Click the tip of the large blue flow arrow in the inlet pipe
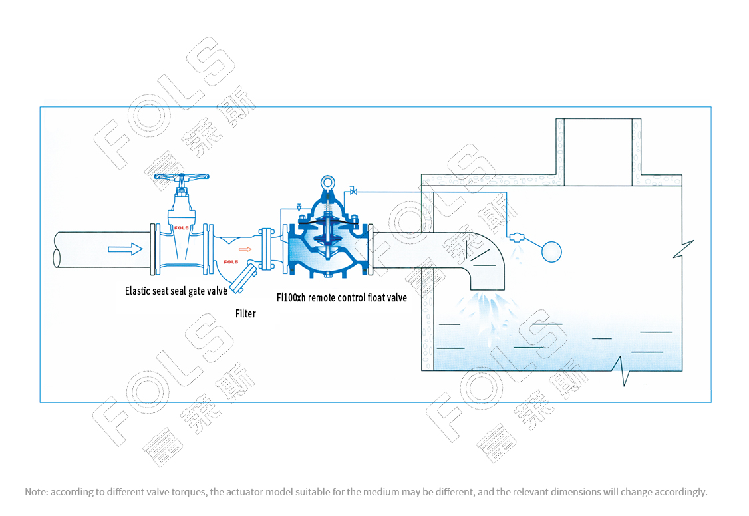(x=142, y=249)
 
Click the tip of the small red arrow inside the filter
(x=251, y=249)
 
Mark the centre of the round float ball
(x=551, y=251)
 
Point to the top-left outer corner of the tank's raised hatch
(x=556, y=119)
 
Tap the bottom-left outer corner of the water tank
(x=421, y=371)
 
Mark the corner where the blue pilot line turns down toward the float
(x=506, y=192)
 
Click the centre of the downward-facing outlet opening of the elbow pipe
(x=488, y=290)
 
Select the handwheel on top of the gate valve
(x=182, y=177)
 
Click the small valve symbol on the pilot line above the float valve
(x=353, y=192)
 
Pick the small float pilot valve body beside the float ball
(x=516, y=237)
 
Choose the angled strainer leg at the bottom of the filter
(x=243, y=279)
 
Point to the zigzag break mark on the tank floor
(x=622, y=371)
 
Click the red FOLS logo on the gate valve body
(x=181, y=227)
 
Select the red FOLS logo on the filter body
(x=231, y=261)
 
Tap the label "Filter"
(x=245, y=314)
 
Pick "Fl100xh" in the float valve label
(x=291, y=297)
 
